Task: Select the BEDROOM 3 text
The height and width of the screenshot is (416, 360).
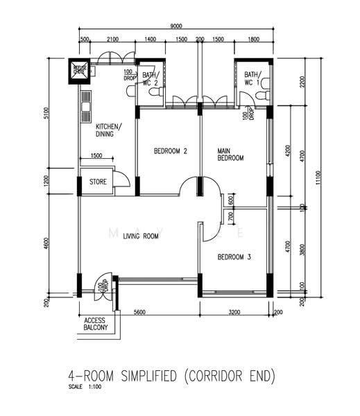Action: click(x=234, y=258)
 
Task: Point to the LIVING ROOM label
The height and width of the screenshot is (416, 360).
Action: click(x=142, y=236)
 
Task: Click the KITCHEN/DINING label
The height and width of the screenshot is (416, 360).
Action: click(x=108, y=130)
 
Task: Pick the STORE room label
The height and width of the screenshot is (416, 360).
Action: click(x=97, y=183)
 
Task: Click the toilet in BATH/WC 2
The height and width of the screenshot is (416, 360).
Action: click(x=156, y=92)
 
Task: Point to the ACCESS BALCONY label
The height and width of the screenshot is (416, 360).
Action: click(x=95, y=324)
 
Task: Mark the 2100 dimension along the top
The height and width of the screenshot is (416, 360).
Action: click(x=112, y=40)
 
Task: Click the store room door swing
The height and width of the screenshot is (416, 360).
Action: click(x=121, y=179)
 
